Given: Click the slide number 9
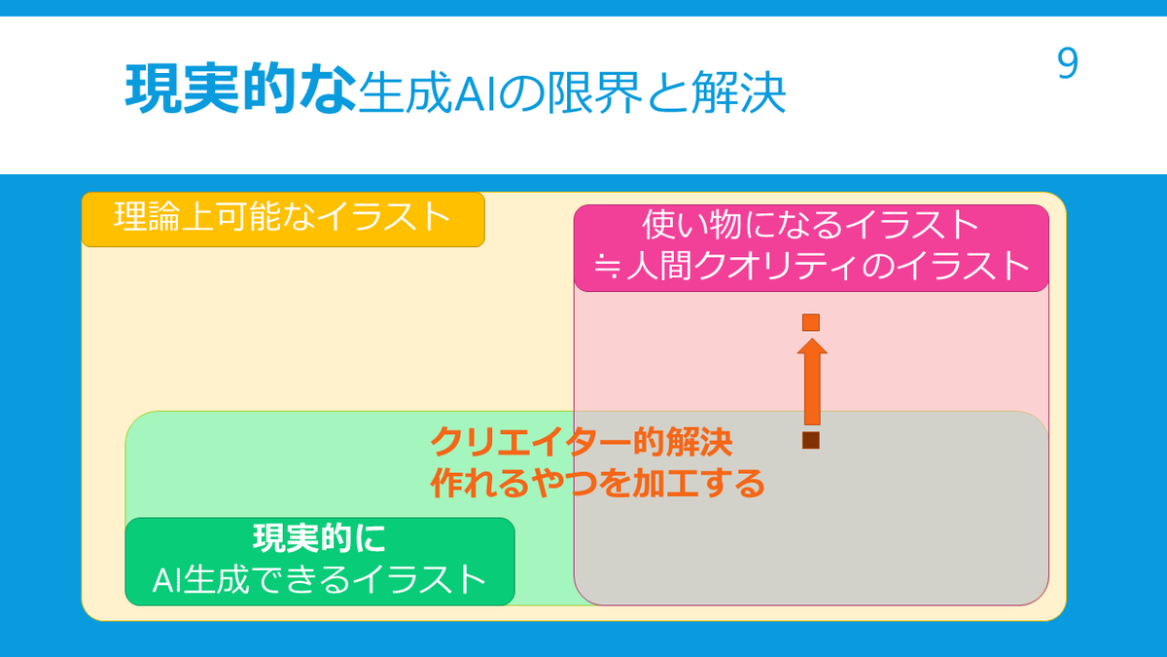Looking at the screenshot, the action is click(x=1067, y=63).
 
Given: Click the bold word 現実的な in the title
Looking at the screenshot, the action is click(x=241, y=89).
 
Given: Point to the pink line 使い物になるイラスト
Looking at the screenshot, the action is click(x=810, y=225).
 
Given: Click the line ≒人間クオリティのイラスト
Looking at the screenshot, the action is click(x=811, y=265).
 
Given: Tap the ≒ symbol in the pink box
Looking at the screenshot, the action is click(x=608, y=267).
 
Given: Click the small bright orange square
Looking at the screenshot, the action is click(x=811, y=322).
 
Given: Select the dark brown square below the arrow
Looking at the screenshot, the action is click(x=811, y=440).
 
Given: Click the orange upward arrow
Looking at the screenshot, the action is click(x=812, y=382).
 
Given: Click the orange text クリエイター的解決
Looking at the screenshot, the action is click(x=582, y=442).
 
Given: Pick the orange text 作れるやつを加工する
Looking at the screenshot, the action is click(x=597, y=483).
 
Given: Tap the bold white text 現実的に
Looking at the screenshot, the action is click(x=319, y=538).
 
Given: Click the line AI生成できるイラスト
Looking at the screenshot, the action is click(x=319, y=579).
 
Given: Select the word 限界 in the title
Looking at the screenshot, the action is click(x=594, y=92).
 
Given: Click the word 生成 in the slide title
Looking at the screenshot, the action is click(x=406, y=92).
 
